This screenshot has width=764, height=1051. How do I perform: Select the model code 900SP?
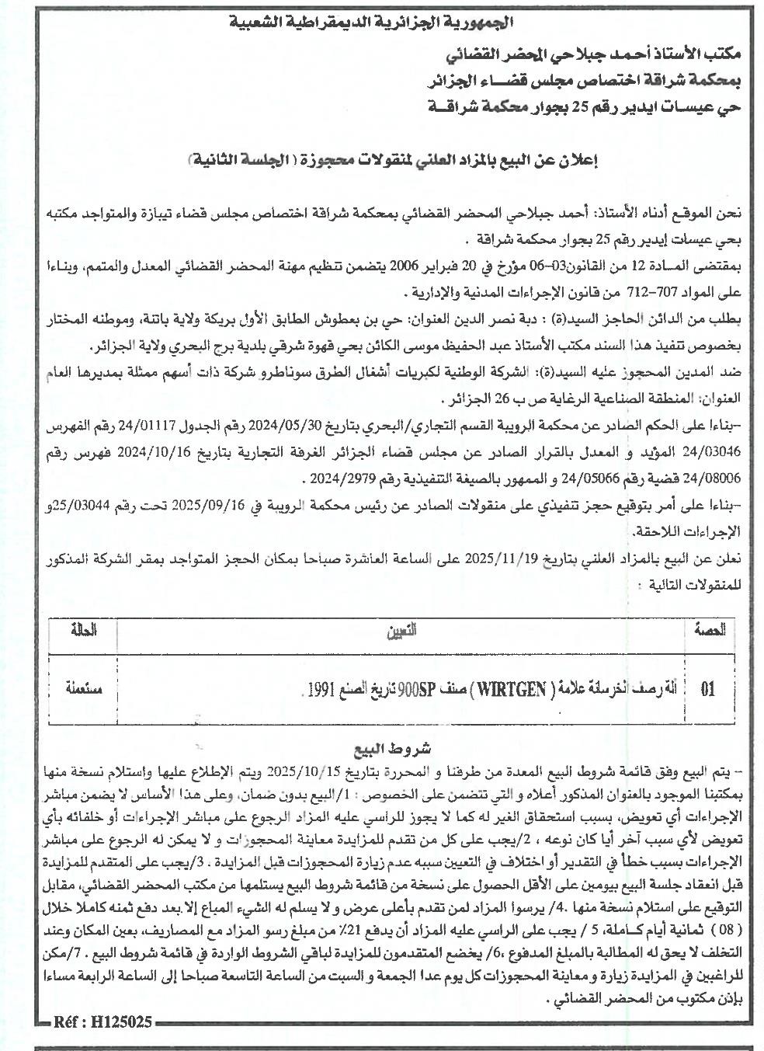416,688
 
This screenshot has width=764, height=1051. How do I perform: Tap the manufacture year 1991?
321,688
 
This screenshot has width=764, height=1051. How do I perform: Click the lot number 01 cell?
707,688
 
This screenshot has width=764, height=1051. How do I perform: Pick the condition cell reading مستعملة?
82,688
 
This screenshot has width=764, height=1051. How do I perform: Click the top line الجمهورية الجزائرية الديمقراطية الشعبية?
384,21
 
